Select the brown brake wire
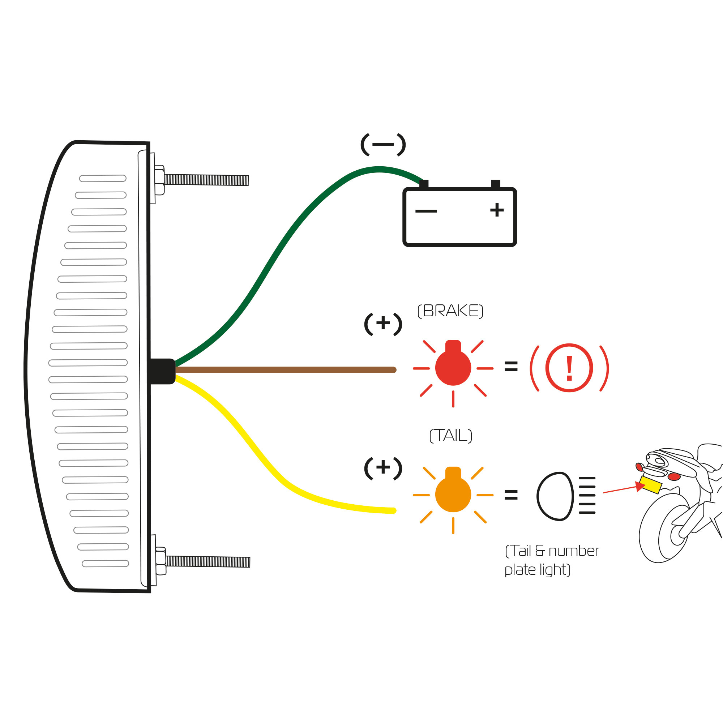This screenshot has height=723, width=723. coord(285,370)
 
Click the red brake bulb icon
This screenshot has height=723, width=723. coord(453,367)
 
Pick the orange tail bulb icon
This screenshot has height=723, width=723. coord(453,493)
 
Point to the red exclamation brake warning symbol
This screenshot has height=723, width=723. coord(569,368)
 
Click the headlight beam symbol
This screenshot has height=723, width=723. coord(565,496)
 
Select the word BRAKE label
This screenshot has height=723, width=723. coord(450,311)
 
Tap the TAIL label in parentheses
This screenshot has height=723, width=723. coord(450,436)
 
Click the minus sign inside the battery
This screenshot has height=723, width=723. coord(426,211)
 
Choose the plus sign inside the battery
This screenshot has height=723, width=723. coord(497,210)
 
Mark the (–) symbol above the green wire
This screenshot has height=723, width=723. coord(383,145)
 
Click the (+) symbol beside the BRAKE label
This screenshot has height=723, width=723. coord(383,324)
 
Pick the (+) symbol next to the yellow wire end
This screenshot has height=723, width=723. coord(383,468)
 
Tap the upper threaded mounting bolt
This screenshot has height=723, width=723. coord(206,180)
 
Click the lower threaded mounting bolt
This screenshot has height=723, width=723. coord(208,561)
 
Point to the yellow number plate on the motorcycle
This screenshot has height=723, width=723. coord(650,485)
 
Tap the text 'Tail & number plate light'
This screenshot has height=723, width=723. coord(551,560)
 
